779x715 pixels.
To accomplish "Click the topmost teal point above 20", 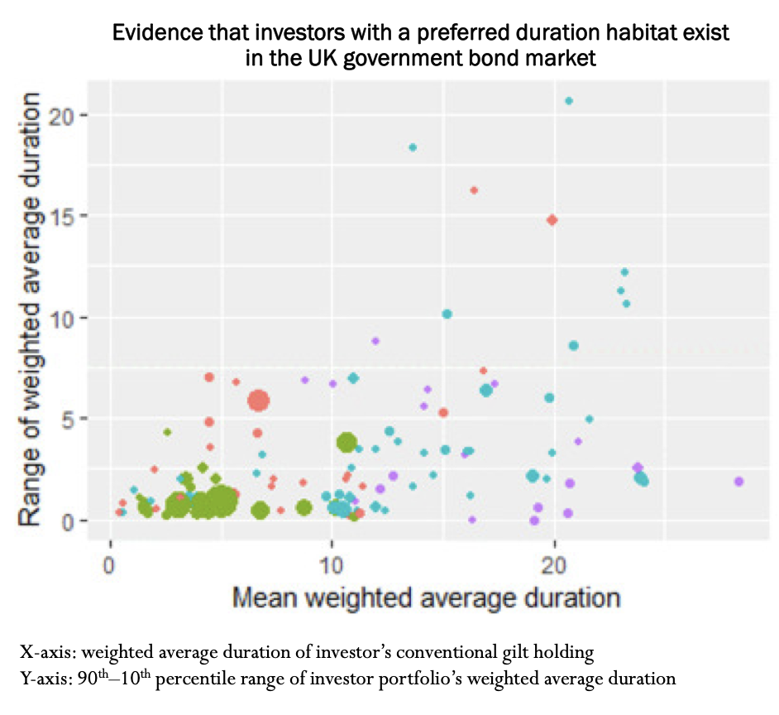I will pos(568,101).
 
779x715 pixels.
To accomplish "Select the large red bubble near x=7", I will pos(259,401).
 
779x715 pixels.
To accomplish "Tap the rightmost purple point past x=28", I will pos(738,482).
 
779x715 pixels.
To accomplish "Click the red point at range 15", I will pos(552,220).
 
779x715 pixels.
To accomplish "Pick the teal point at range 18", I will pos(413,147).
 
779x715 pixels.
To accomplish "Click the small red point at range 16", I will pos(474,190).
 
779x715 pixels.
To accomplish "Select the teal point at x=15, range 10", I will pos(447,314).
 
